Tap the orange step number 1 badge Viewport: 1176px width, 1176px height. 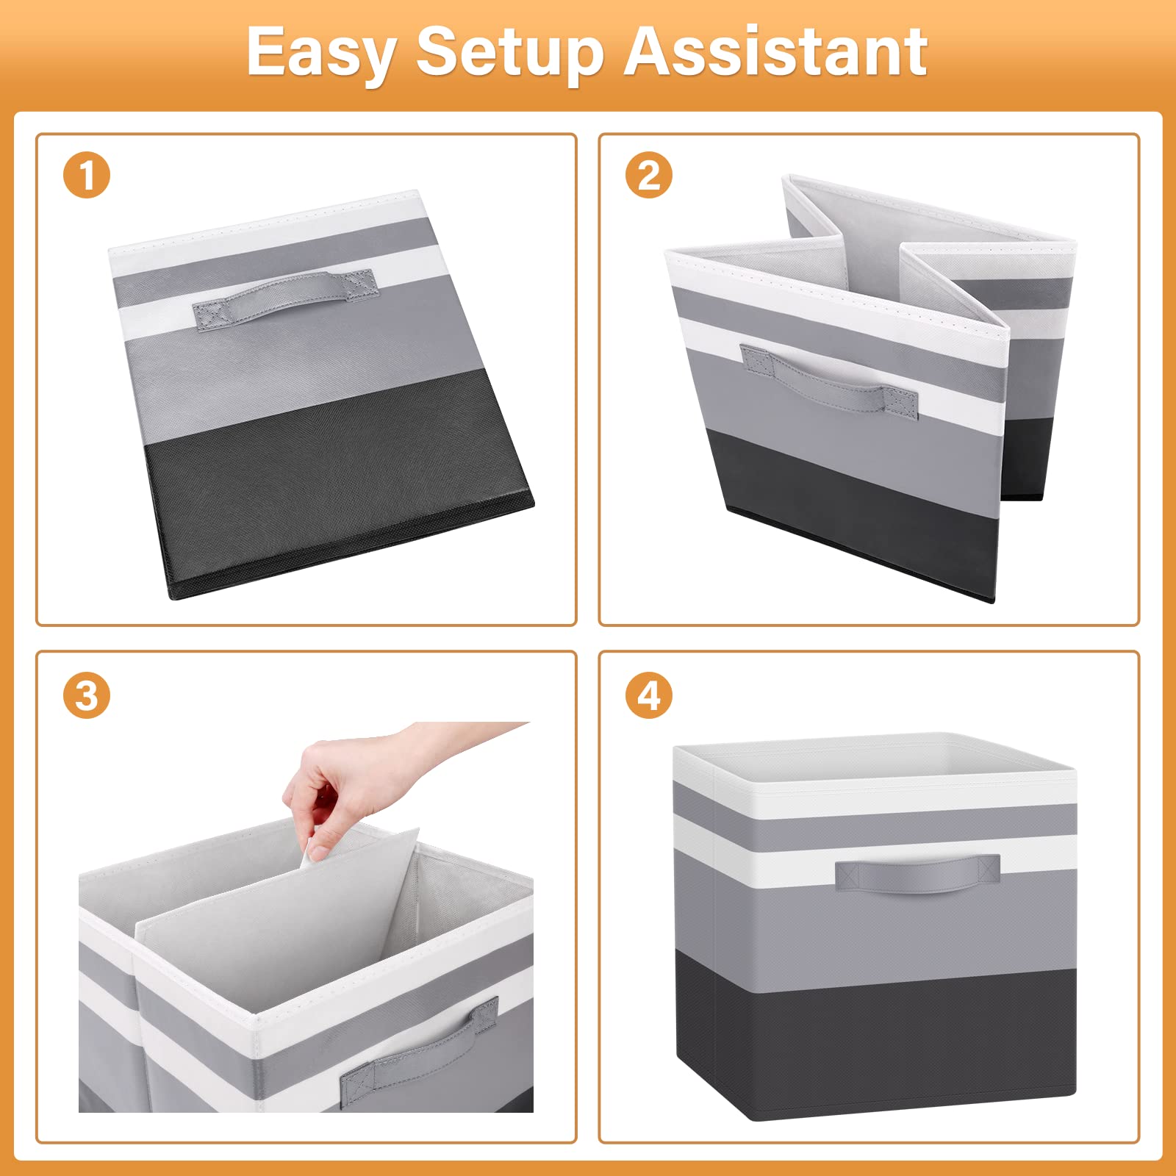(x=87, y=176)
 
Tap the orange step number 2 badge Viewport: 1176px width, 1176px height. (x=649, y=176)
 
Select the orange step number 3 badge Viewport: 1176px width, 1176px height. (x=87, y=695)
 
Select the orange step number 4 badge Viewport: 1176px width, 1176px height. (x=649, y=695)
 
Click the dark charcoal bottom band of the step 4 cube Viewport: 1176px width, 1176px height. (x=875, y=1036)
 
